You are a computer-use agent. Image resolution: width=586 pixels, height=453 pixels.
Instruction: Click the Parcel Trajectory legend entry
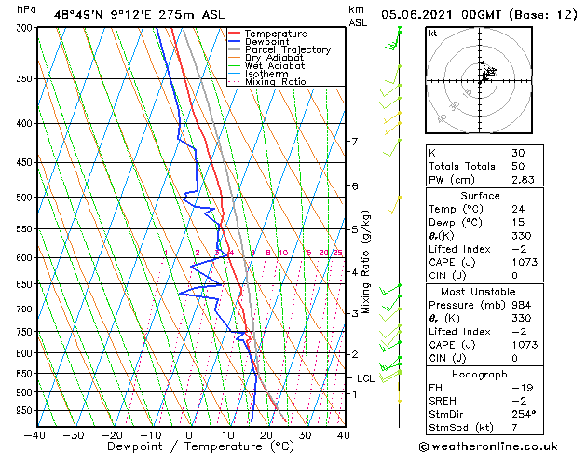click(x=287, y=50)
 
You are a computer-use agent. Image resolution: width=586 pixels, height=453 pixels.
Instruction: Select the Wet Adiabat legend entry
click(x=274, y=66)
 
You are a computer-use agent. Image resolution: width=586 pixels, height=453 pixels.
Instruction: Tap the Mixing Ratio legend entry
click(x=276, y=82)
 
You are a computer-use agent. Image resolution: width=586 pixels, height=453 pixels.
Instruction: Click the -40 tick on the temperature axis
click(x=34, y=434)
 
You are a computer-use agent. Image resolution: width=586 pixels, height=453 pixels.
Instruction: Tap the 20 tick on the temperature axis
click(x=266, y=434)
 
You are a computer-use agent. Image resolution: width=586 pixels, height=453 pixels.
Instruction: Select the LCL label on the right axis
click(x=366, y=378)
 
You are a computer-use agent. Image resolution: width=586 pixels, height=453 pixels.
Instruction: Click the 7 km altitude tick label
click(x=354, y=142)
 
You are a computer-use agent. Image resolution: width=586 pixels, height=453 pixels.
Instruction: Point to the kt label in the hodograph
click(x=432, y=33)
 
